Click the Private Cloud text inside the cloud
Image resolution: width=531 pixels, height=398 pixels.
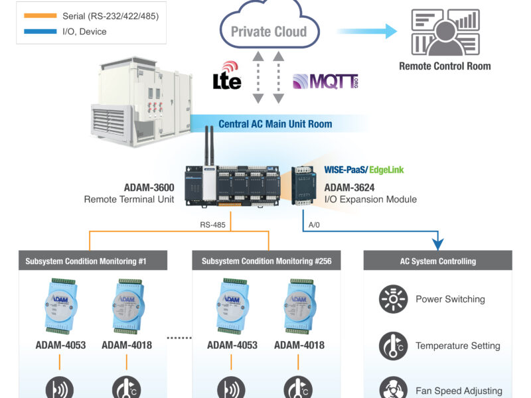269,31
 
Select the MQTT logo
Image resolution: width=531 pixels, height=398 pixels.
325,82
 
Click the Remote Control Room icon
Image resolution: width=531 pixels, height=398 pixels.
444,32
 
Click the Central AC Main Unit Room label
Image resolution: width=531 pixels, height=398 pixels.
275,124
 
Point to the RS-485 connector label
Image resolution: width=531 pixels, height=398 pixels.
214,225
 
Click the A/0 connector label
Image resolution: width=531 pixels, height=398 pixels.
315,225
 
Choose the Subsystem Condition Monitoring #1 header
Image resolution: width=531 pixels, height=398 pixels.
88,261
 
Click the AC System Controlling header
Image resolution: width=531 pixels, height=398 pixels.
438,261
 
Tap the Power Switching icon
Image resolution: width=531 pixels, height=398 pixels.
393,299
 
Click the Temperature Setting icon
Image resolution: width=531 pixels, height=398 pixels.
393,346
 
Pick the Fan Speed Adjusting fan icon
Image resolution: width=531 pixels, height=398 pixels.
393,389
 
